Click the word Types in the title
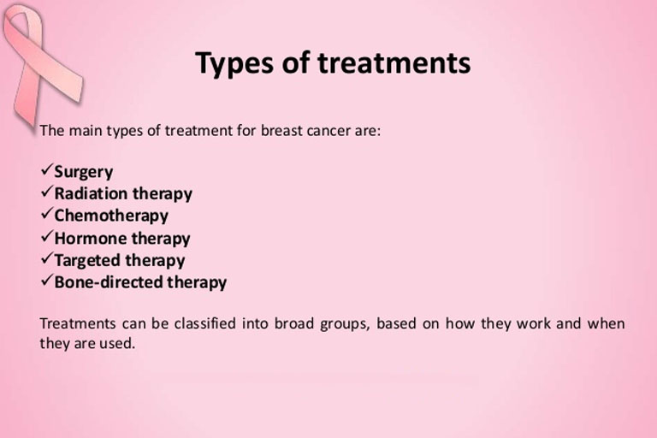pos(234,63)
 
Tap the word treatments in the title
pos(394,62)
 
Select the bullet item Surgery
pos(83,172)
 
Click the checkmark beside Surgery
pos(47,169)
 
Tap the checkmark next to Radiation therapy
pos(47,192)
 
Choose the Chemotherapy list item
pos(111,216)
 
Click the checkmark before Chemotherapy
pos(47,213)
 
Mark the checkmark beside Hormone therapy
pos(47,236)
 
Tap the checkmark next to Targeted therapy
pos(47,258)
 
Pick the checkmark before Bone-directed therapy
pos(47,280)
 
